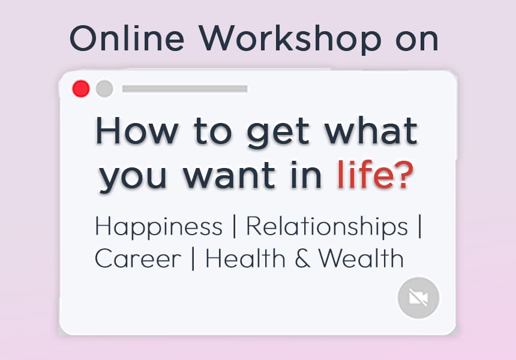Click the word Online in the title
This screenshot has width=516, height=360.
tap(127, 38)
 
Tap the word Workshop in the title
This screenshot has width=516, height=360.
tap(290, 40)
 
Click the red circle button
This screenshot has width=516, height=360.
tap(81, 89)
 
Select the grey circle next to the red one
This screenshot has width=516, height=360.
tap(104, 89)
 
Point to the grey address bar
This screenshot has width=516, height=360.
tap(185, 89)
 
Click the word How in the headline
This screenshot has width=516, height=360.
tap(137, 130)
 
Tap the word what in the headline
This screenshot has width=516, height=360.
tap(371, 130)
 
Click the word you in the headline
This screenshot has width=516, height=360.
tap(133, 178)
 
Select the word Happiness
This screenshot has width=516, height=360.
tap(159, 227)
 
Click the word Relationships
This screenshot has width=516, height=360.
tap(327, 227)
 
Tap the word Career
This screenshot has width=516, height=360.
tap(138, 259)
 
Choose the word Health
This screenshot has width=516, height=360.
tap(245, 258)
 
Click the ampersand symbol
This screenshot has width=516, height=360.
tap(302, 259)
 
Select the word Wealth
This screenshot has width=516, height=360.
tap(361, 258)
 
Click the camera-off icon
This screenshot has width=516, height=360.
tap(418, 298)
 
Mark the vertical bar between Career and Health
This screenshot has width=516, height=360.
tap(193, 259)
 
